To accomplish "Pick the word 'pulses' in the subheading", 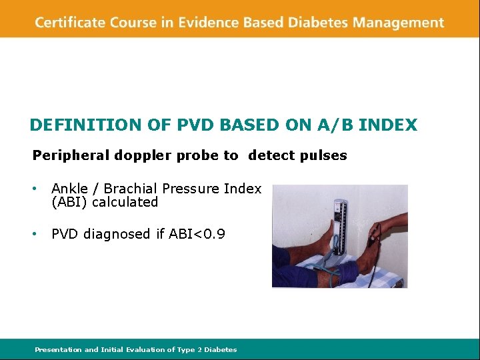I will coord(324,156).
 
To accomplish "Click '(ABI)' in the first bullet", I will coord(70,202).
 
